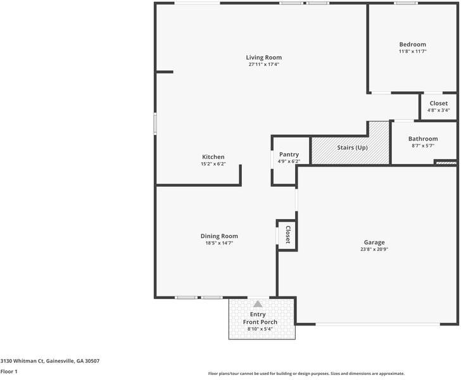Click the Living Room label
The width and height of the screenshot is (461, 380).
pos(263,58)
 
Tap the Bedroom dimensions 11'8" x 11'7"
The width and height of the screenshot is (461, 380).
pos(412,51)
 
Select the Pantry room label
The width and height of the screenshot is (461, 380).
pos(289,155)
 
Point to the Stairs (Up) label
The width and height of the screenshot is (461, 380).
pos(352,148)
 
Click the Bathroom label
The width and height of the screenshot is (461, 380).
pos(423,139)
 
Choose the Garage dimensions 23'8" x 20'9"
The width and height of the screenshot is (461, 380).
pos(374,249)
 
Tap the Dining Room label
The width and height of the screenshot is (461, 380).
pos(219,236)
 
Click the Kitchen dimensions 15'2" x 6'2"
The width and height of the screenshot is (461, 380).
pos(213,164)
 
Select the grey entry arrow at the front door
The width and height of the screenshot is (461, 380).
pos(258,304)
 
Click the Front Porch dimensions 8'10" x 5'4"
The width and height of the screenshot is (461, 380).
pos(260,329)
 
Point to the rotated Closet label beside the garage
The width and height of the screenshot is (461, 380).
pos(288,235)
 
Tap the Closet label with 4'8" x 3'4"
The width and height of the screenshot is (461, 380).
pos(438,103)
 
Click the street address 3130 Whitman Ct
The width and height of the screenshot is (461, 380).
pos(22,361)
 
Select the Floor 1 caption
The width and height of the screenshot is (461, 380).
pos(9,372)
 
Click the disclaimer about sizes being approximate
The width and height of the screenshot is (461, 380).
pos(306,374)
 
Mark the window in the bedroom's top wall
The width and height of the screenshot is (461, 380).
pos(406,3)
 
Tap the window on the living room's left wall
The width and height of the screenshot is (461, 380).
pos(155,124)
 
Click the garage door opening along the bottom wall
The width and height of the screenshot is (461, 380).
pos(378,324)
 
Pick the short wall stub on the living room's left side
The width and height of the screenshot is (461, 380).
pos(165,72)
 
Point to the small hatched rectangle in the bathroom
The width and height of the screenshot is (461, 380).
pos(446,163)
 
